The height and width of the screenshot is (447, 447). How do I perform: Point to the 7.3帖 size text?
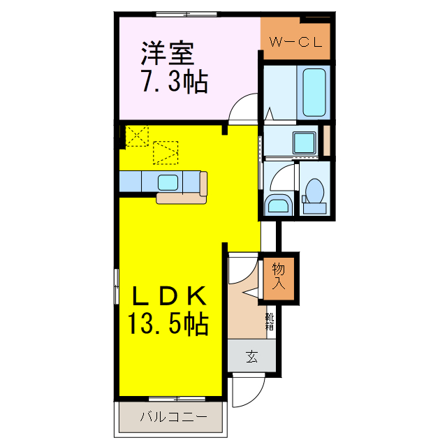(175, 83)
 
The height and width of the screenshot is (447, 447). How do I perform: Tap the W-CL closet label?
(295, 43)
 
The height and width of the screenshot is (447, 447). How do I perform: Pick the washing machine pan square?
(304, 142)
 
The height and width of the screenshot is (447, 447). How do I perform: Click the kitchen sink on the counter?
(168, 182)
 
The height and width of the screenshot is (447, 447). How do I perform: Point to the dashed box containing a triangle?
(166, 151)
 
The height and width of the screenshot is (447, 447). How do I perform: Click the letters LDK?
(169, 298)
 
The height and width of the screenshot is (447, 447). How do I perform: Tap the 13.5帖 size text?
(168, 324)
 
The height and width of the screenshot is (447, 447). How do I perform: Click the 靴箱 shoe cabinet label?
(270, 321)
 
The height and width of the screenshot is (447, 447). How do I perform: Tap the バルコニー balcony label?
(173, 418)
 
